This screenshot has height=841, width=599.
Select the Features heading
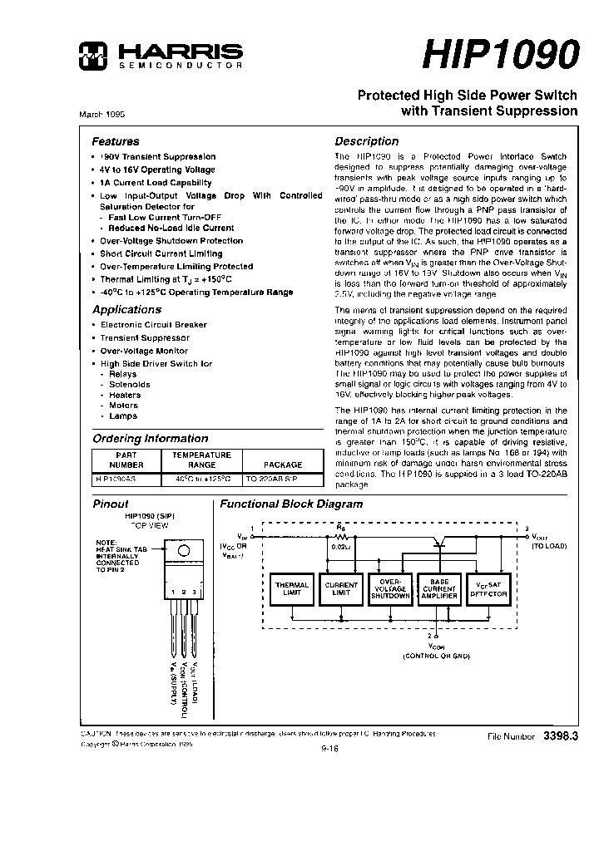(x=115, y=141)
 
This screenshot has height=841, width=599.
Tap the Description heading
(x=366, y=141)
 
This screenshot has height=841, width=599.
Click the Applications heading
(x=126, y=309)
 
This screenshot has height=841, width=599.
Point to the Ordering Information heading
(x=150, y=438)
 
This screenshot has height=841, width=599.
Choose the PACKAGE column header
(x=283, y=465)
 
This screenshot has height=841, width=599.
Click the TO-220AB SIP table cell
(x=270, y=480)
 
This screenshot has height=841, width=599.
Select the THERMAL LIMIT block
(x=291, y=589)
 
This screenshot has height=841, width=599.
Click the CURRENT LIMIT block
(x=341, y=589)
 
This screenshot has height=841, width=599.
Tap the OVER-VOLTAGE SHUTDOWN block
(x=389, y=589)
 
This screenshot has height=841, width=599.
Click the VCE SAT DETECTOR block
(x=489, y=589)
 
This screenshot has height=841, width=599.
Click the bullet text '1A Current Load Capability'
(x=156, y=182)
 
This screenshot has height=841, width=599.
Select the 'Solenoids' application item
(x=130, y=385)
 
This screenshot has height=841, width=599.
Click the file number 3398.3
(x=559, y=736)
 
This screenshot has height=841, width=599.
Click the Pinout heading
(x=110, y=504)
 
